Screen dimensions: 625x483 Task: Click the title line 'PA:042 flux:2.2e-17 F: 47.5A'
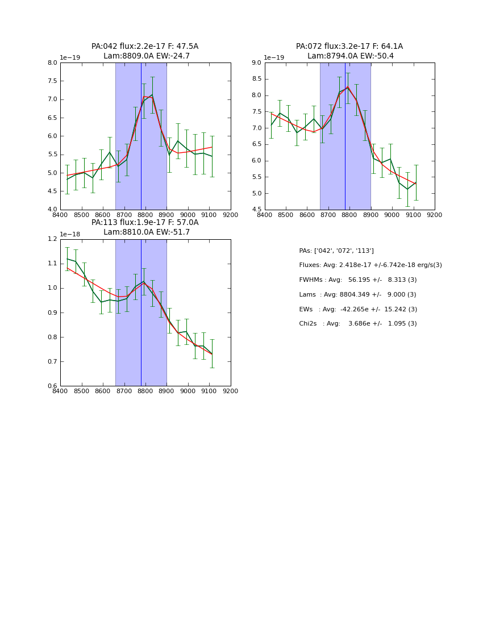point(145,47)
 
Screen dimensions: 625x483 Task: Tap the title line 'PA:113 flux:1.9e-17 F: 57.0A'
point(145,223)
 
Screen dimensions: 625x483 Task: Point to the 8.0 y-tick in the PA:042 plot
point(52,63)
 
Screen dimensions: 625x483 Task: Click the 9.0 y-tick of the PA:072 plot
point(256,63)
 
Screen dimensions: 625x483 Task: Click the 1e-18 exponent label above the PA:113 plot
point(70,234)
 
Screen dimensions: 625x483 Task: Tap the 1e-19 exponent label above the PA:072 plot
point(274,58)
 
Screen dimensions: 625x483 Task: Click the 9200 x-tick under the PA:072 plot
point(435,215)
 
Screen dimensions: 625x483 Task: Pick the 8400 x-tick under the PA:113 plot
point(60,391)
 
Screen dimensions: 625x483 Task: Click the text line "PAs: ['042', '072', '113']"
point(336,251)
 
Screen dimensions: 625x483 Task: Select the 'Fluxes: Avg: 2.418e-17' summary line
point(370,265)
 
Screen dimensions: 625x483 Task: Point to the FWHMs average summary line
point(358,280)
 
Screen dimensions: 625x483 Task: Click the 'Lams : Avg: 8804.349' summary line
point(358,295)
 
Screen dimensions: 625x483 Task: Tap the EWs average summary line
point(358,309)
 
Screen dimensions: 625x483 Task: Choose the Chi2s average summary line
point(358,324)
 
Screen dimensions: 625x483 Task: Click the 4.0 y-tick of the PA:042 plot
point(52,210)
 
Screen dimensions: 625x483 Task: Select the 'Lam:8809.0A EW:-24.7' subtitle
point(146,56)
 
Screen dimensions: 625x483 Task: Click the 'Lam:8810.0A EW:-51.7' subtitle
point(146,232)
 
